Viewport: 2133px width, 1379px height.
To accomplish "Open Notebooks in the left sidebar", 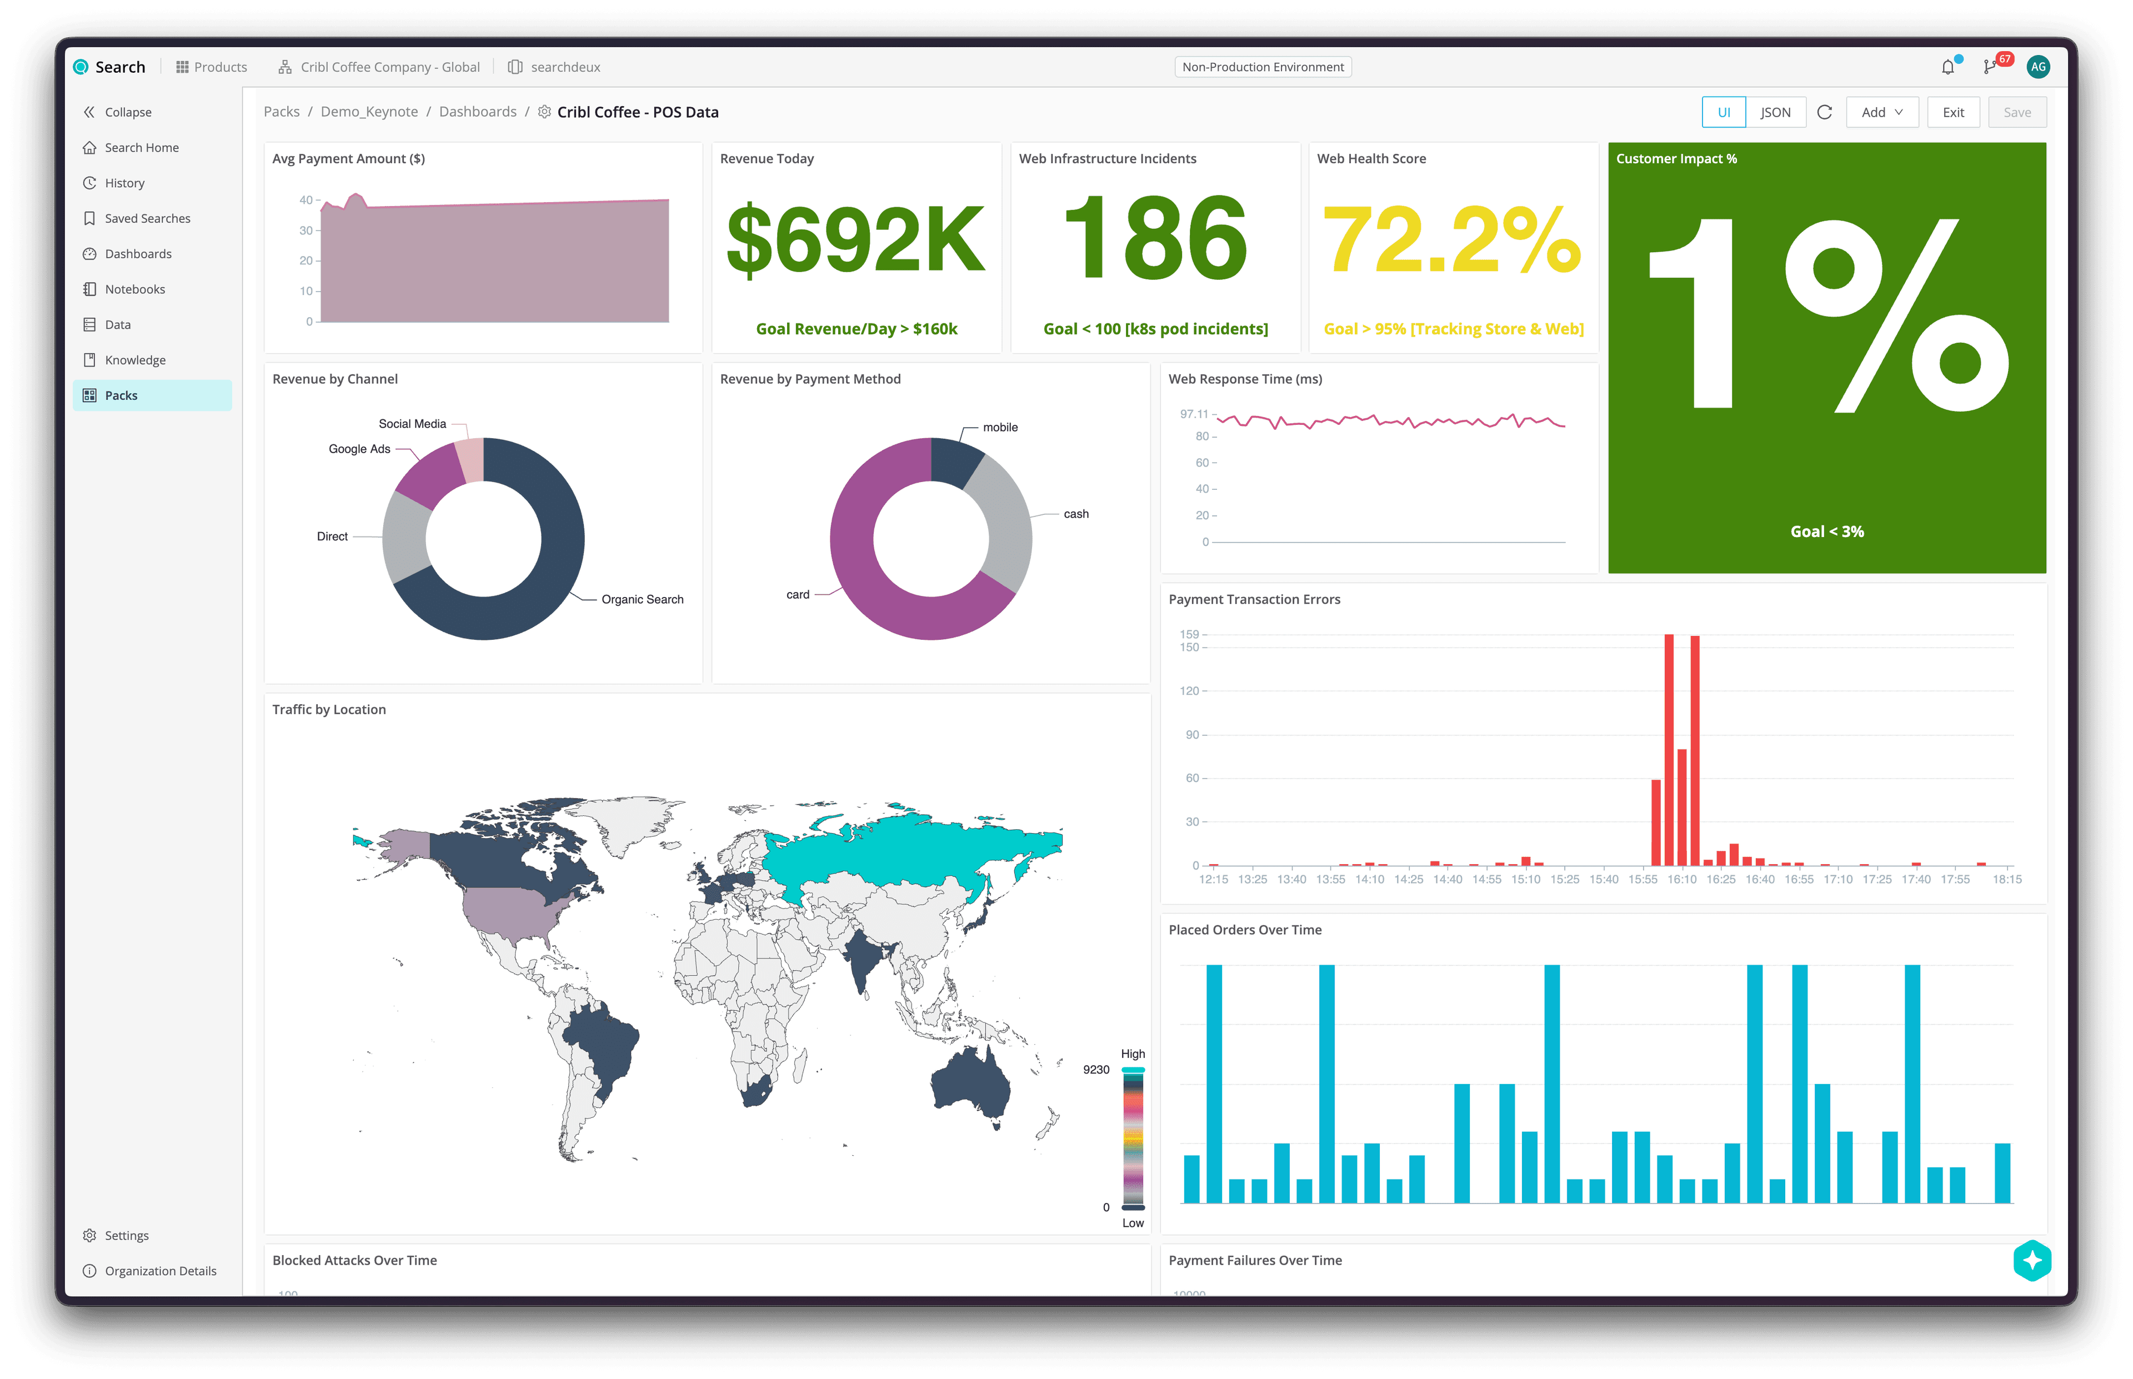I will click(x=134, y=289).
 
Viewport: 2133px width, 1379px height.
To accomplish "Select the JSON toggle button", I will click(x=1775, y=113).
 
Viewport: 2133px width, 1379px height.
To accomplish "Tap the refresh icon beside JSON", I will click(x=1824, y=113).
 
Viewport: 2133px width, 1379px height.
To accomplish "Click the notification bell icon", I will click(x=1947, y=67).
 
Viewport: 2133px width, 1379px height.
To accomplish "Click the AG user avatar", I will click(x=2038, y=67).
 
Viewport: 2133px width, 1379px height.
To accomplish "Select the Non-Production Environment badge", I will click(x=1263, y=67).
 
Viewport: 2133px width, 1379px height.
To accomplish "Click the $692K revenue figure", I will click(x=855, y=240).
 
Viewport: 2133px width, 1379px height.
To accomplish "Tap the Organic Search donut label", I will click(x=642, y=600).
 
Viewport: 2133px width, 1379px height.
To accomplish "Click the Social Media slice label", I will click(x=412, y=424).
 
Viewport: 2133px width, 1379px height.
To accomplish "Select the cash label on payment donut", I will click(x=1075, y=514).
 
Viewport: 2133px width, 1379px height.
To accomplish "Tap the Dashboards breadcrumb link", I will click(x=477, y=112).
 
